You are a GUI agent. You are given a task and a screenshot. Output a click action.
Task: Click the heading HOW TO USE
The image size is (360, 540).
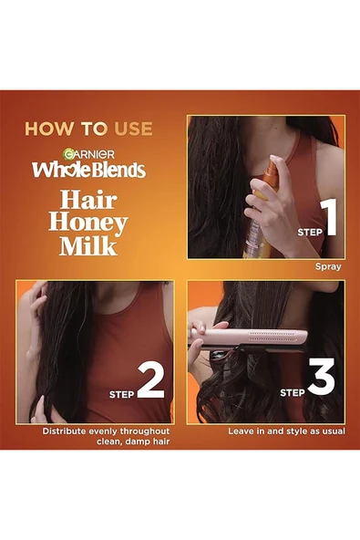pos(88,129)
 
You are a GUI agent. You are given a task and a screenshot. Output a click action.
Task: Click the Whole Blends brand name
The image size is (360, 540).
pos(89,170)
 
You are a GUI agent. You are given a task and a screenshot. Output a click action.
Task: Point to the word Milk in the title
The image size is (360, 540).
pos(89,246)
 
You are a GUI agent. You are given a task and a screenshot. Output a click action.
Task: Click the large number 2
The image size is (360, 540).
pos(149,382)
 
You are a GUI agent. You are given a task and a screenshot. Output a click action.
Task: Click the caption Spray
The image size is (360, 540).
pos(327,267)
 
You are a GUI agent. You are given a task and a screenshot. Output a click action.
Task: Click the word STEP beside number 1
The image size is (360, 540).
pos(309,232)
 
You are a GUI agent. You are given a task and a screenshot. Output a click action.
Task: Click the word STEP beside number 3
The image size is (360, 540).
pos(292,393)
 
